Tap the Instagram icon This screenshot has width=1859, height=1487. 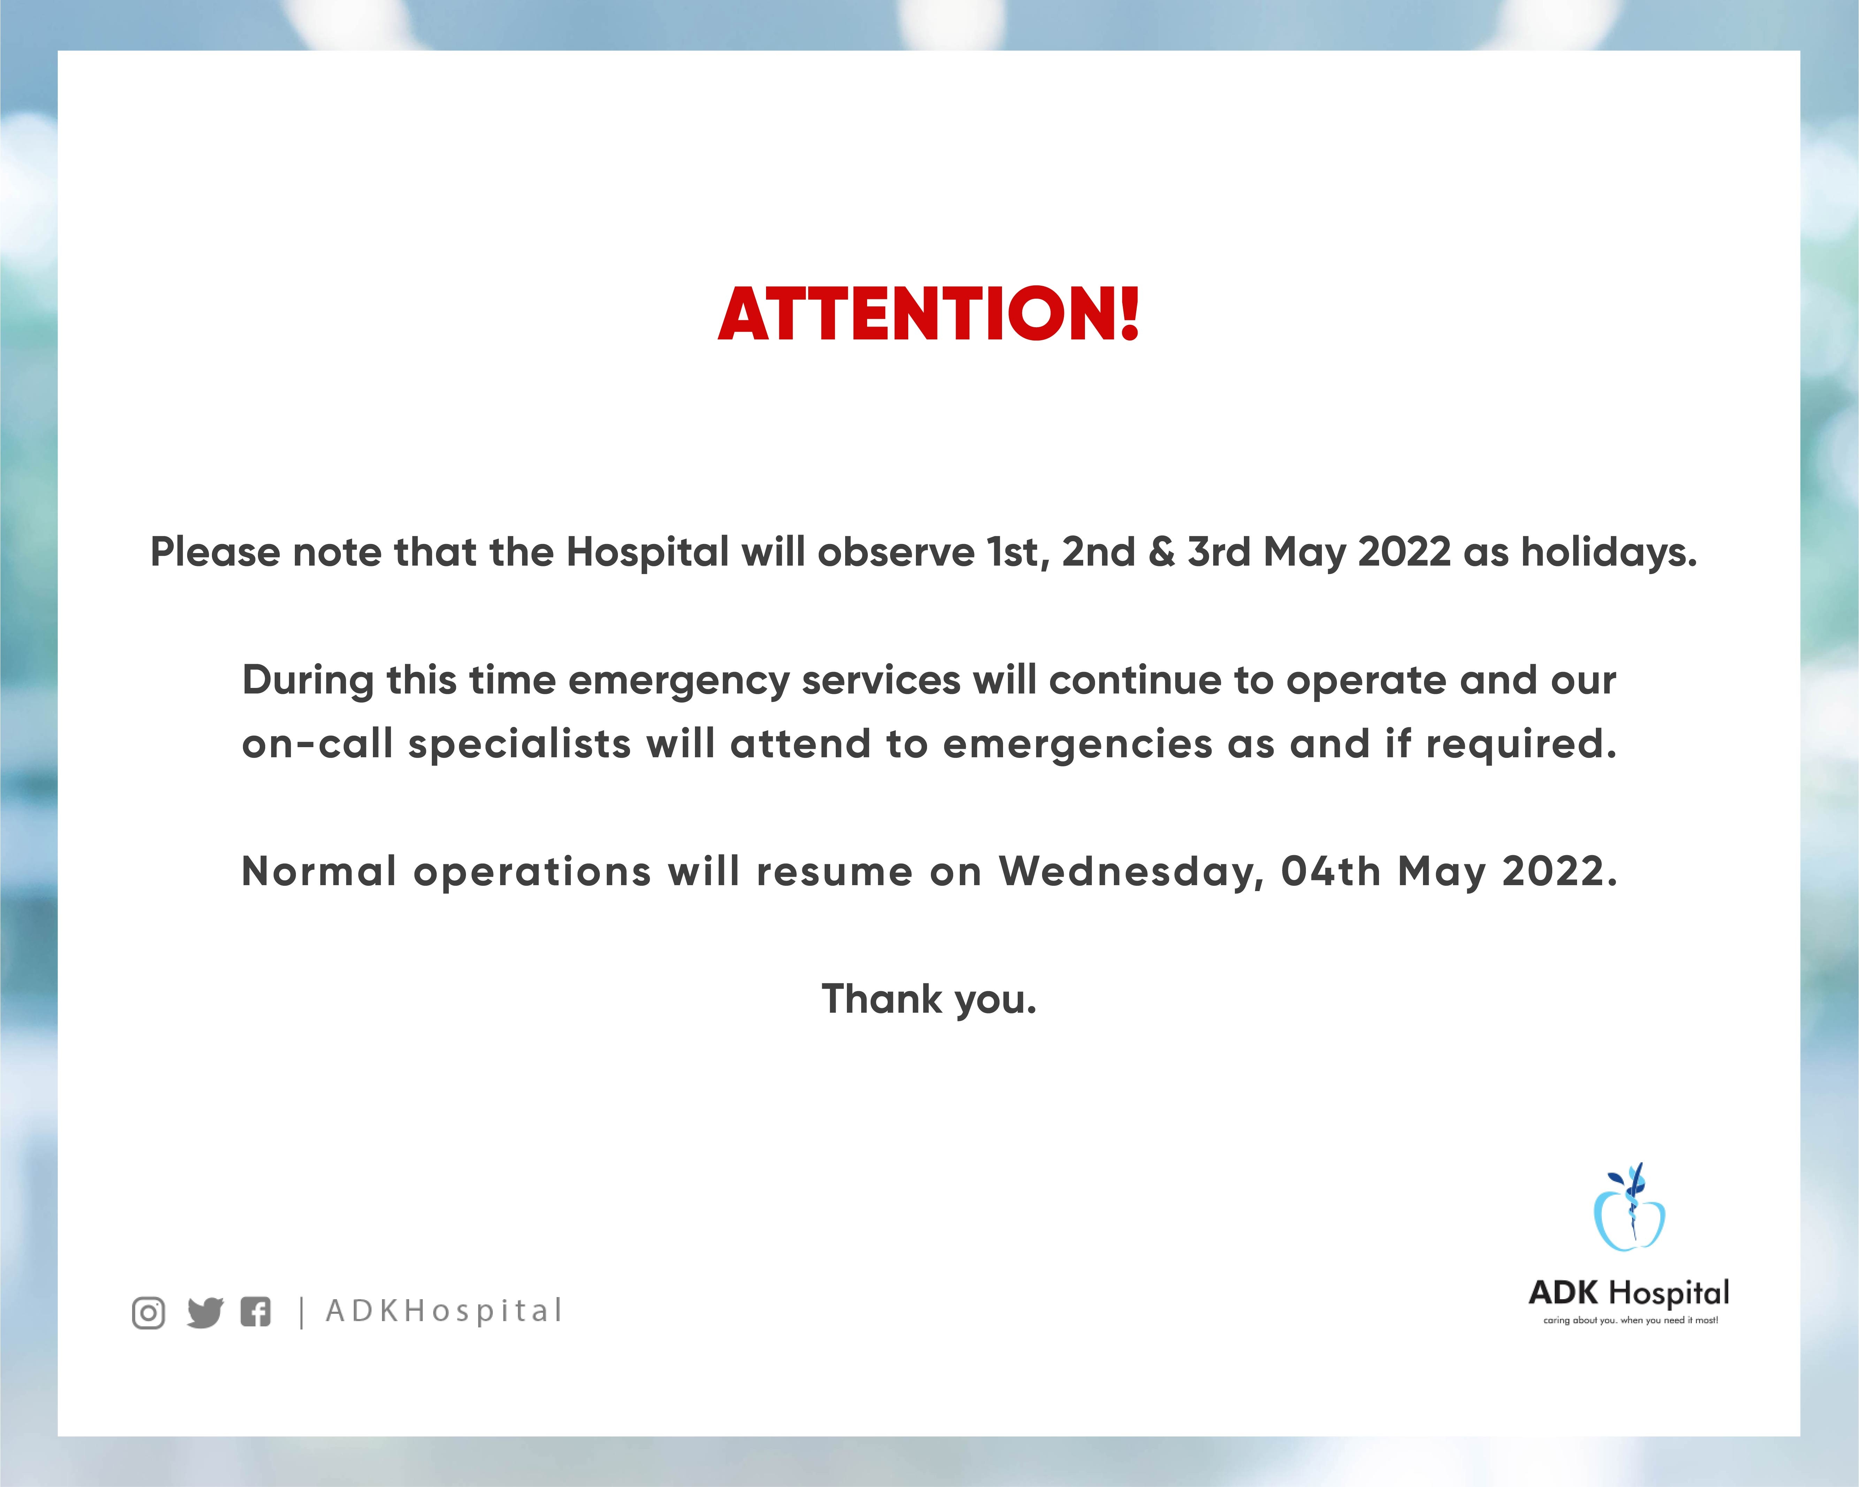148,1313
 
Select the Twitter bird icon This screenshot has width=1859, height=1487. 205,1313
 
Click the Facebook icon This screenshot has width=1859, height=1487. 255,1312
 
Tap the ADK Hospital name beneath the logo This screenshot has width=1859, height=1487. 1629,1293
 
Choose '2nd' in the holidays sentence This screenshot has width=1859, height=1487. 1099,552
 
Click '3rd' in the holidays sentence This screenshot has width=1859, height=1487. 1218,552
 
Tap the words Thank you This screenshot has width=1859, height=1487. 929,1000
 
